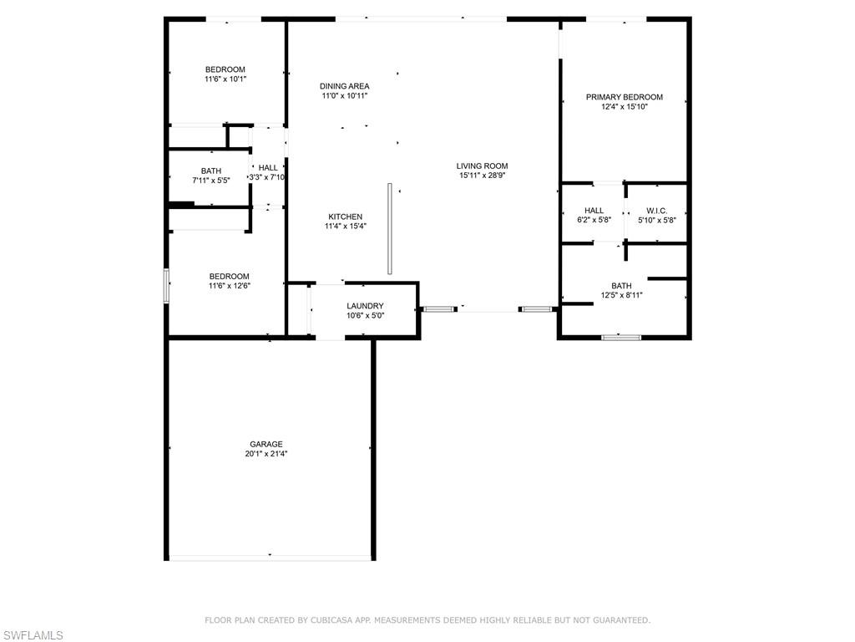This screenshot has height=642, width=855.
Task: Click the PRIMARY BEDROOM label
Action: tap(624, 97)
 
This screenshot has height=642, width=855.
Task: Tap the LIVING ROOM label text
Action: tap(482, 166)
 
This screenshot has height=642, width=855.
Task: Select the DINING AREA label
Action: tap(344, 86)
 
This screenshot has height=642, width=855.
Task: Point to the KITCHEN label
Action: tap(345, 217)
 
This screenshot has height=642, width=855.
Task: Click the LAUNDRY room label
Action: tap(365, 306)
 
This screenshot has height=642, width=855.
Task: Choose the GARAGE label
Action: tap(266, 444)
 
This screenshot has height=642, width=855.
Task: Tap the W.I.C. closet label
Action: tap(656, 211)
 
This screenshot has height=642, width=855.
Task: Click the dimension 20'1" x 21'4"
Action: tap(266, 454)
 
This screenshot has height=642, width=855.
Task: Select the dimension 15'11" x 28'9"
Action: tap(482, 176)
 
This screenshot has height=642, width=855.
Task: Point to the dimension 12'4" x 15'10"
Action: tap(624, 107)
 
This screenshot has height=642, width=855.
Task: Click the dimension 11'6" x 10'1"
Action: tap(225, 79)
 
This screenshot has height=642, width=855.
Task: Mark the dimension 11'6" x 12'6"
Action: tap(229, 286)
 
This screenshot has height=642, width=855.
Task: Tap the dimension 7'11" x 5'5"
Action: tap(210, 181)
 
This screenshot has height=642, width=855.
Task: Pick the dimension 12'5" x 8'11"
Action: tap(621, 295)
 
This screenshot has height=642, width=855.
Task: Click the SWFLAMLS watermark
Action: tap(32, 635)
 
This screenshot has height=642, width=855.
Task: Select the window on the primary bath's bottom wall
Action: tap(621, 338)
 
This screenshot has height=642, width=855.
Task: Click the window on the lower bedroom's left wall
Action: tap(166, 285)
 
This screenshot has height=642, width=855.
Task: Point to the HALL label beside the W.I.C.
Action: tap(594, 211)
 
